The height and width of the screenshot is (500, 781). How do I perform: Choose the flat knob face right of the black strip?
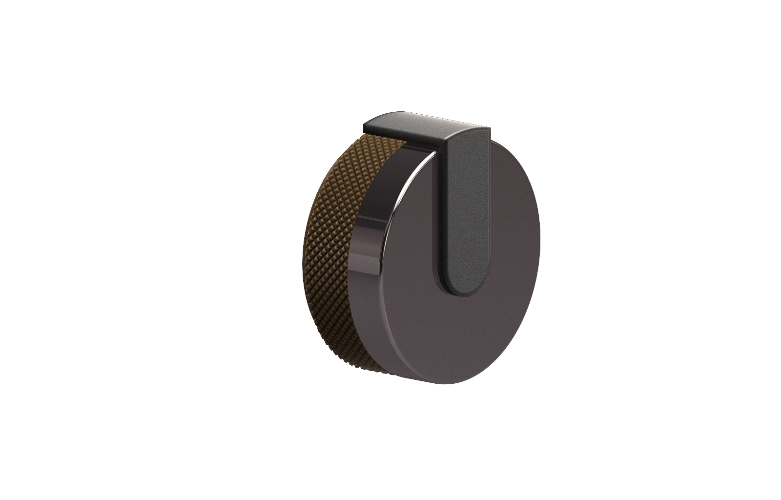pyautogui.click(x=513, y=244)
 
